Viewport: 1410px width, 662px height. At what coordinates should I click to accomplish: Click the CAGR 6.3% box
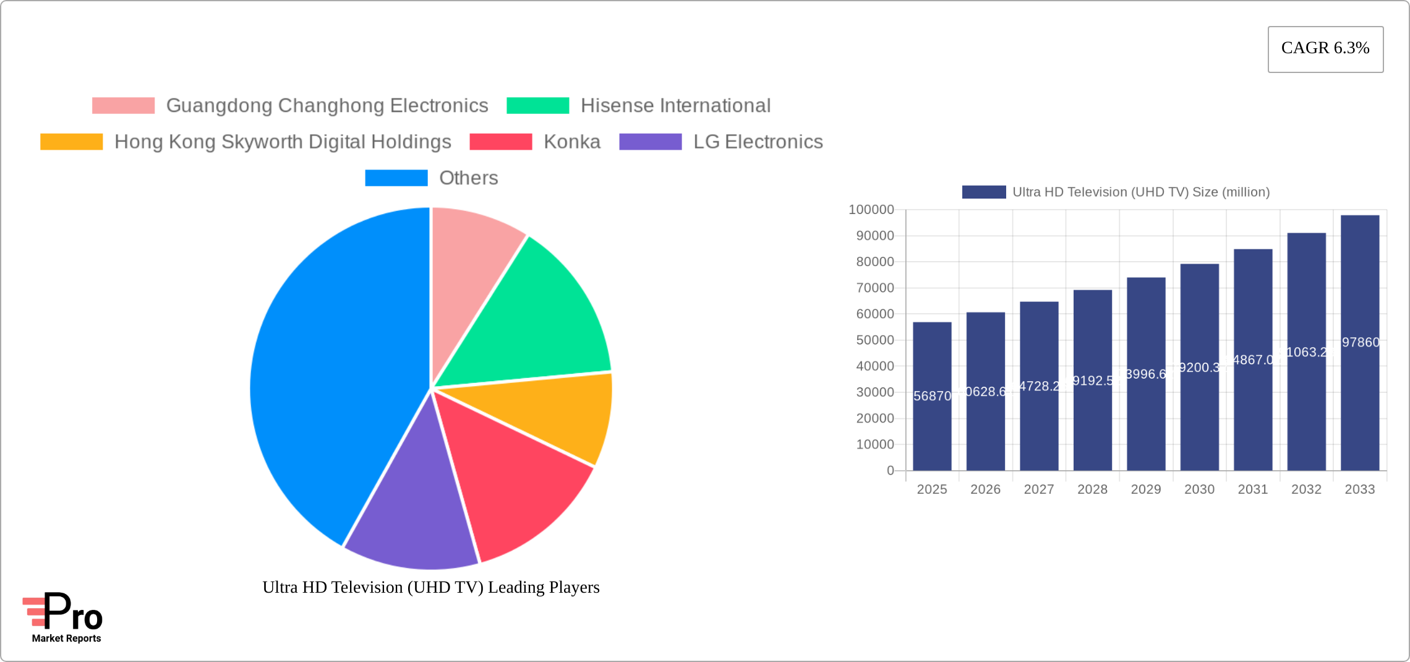[1325, 49]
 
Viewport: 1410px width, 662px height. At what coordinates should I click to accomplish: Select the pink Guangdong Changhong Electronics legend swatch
[123, 106]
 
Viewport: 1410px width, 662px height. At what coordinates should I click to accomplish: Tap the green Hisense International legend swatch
[537, 106]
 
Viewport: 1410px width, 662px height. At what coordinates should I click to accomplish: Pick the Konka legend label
[571, 142]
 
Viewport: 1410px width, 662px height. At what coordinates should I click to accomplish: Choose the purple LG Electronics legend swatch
[650, 142]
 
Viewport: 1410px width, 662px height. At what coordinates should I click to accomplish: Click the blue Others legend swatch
[396, 178]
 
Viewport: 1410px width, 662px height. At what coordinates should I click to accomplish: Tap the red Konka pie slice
[507, 476]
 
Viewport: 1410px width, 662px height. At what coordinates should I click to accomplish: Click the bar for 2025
[932, 433]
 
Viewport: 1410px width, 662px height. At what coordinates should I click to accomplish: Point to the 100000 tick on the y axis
[871, 210]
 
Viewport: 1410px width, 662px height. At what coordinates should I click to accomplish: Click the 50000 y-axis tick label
[874, 340]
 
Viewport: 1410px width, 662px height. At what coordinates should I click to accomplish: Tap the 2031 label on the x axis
[1253, 489]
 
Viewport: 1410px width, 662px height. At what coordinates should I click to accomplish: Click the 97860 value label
[1360, 342]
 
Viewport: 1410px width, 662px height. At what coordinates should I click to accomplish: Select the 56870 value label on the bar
[932, 396]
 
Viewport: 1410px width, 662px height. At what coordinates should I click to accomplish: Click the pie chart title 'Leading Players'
[431, 587]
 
